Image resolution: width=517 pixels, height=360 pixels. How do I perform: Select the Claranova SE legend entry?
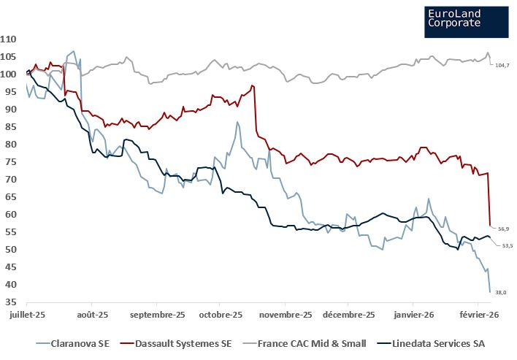[x=78, y=342]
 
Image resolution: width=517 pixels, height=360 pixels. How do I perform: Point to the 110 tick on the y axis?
[x=9, y=39]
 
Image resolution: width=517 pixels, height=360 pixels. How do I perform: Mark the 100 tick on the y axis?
[x=9, y=74]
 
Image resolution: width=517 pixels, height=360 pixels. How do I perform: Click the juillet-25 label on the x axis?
[x=26, y=315]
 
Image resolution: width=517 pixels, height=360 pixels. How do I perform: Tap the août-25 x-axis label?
[x=91, y=315]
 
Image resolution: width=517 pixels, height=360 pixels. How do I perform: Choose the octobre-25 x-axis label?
[x=220, y=315]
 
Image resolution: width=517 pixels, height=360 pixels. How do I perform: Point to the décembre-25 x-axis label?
[x=350, y=315]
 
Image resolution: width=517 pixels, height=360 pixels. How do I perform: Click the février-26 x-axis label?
[x=478, y=315]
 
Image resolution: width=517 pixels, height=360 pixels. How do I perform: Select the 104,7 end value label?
[x=502, y=66]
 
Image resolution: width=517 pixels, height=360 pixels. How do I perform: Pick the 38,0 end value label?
[x=501, y=292]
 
